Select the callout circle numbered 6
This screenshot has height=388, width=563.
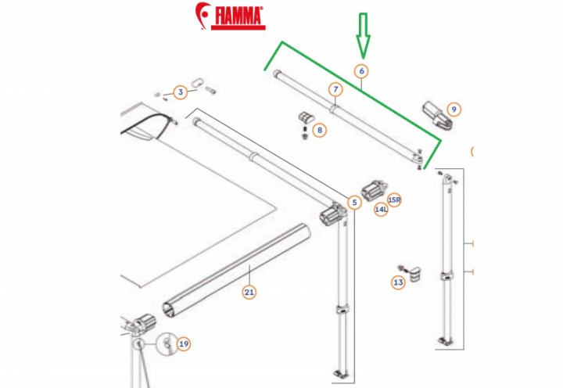pos(361,71)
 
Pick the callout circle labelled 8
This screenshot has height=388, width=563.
pos(319,131)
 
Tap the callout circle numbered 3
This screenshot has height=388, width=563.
pos(180,93)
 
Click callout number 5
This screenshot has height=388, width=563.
pos(353,203)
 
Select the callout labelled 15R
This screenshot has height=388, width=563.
pos(394,199)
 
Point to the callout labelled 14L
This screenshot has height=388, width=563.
pos(381,210)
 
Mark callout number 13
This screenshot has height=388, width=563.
pos(398,282)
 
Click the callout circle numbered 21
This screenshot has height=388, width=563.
pos(249,293)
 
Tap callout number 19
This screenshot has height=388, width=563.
pos(184,343)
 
